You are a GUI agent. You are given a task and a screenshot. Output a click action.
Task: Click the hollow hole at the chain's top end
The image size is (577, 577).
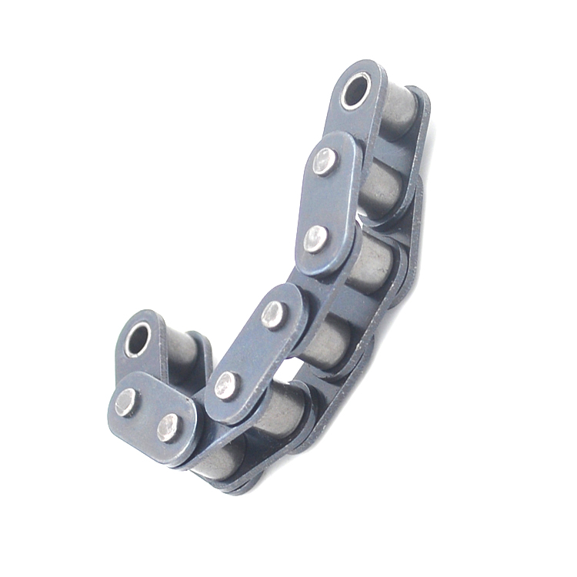coord(355,91)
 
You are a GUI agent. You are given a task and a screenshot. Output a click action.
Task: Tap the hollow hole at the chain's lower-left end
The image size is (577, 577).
coord(138,339)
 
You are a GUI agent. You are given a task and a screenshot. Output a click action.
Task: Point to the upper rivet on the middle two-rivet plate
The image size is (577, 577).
coord(272,314)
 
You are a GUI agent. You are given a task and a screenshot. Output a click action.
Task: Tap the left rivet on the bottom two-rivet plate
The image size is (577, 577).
coord(125,401)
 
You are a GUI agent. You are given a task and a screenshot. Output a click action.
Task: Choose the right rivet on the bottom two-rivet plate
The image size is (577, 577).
coord(168,428)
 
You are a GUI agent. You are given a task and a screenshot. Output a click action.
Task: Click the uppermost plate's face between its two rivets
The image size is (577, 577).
coord(321,200)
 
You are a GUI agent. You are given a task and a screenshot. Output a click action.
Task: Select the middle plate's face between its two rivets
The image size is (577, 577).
coord(250,349)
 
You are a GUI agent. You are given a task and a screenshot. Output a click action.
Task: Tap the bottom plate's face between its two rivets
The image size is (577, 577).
coord(147,414)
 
